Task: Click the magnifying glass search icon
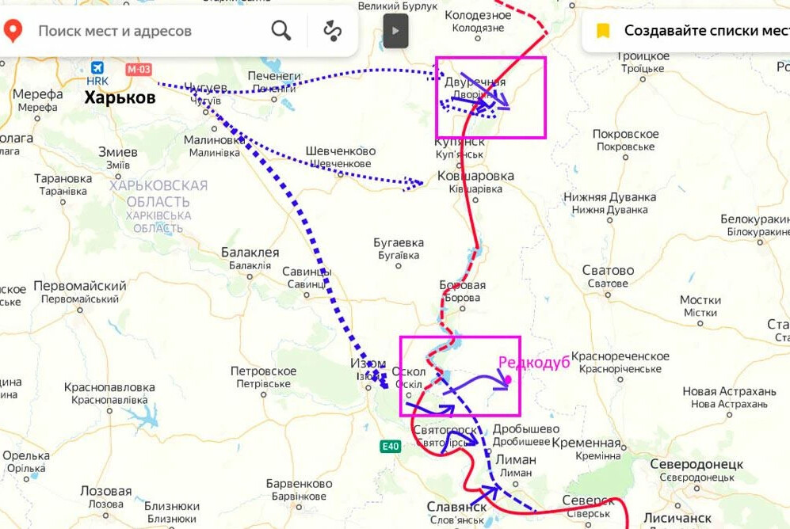click(281, 31)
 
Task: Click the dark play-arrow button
click(396, 31)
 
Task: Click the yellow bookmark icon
click(603, 31)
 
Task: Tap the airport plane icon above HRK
click(97, 68)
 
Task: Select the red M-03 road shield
click(138, 69)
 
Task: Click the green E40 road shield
click(390, 446)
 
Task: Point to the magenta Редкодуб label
click(533, 362)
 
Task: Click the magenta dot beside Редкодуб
click(508, 379)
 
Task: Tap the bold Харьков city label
click(120, 98)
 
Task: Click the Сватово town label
click(608, 271)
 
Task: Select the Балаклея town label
click(250, 253)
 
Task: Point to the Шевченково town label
click(340, 151)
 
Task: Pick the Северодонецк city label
click(696, 464)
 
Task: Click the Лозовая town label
click(105, 491)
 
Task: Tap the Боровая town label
click(462, 285)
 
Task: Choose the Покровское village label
click(625, 135)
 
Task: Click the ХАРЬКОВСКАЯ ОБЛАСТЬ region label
click(158, 192)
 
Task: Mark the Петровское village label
click(263, 371)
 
